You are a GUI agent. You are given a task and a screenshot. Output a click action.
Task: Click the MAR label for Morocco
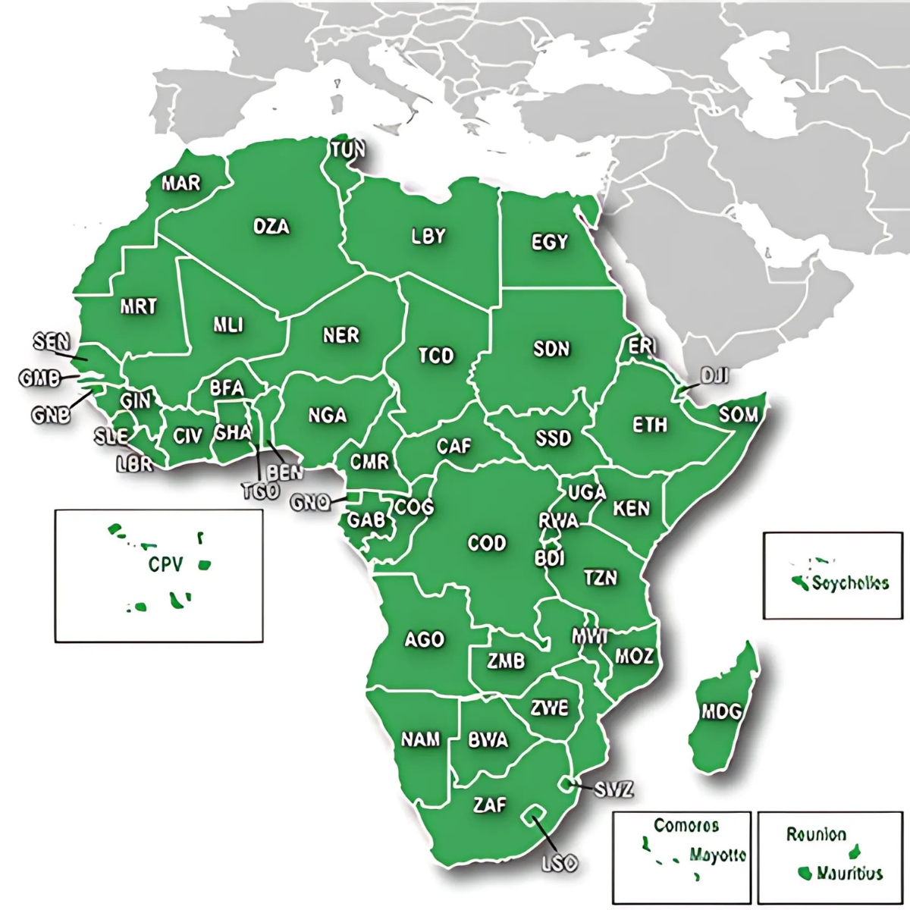[181, 183]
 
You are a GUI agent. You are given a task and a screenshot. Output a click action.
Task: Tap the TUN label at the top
[347, 149]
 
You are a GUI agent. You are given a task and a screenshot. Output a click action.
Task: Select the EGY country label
[549, 242]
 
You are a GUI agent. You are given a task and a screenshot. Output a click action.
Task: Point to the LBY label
[428, 236]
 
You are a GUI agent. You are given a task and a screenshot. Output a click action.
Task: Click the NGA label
[328, 415]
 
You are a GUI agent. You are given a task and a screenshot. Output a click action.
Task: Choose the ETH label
[650, 425]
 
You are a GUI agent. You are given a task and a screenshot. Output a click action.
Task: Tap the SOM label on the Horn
[738, 415]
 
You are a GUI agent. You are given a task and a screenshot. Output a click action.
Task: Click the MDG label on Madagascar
[720, 711]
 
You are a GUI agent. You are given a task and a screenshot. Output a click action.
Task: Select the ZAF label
[489, 805]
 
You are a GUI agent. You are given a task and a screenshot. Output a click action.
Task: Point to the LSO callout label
[560, 862]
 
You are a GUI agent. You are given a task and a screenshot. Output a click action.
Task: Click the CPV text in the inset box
[165, 564]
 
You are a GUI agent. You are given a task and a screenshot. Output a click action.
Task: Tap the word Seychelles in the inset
[849, 583]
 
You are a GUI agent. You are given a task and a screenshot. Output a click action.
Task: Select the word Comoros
[686, 825]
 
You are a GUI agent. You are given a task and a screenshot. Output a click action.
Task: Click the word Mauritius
[849, 873]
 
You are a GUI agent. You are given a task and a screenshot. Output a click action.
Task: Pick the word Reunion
[816, 835]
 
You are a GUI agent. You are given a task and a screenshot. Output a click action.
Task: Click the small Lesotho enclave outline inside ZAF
[534, 814]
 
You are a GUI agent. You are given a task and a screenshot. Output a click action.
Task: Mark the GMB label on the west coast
[39, 377]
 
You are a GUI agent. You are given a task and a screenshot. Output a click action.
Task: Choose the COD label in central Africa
[486, 543]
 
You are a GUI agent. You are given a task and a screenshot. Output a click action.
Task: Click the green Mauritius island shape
[805, 873]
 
